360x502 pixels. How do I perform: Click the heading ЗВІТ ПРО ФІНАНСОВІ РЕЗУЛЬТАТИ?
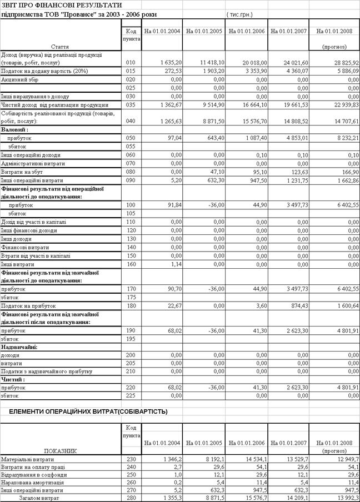[61, 5]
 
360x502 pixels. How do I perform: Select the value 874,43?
[298, 305]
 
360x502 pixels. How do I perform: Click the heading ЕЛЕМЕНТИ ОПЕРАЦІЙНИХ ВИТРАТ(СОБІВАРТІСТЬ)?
[88, 411]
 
